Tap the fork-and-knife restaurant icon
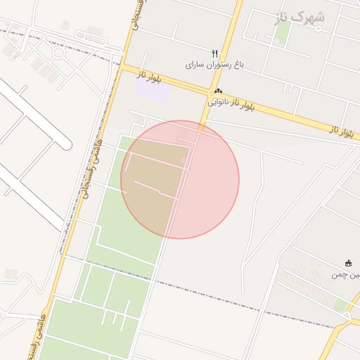[215, 53]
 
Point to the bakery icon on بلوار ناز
[218, 91]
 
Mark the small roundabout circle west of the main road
[58, 53]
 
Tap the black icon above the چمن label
[348, 264]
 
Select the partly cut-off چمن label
[345, 274]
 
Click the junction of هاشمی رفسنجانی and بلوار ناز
[124, 67]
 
